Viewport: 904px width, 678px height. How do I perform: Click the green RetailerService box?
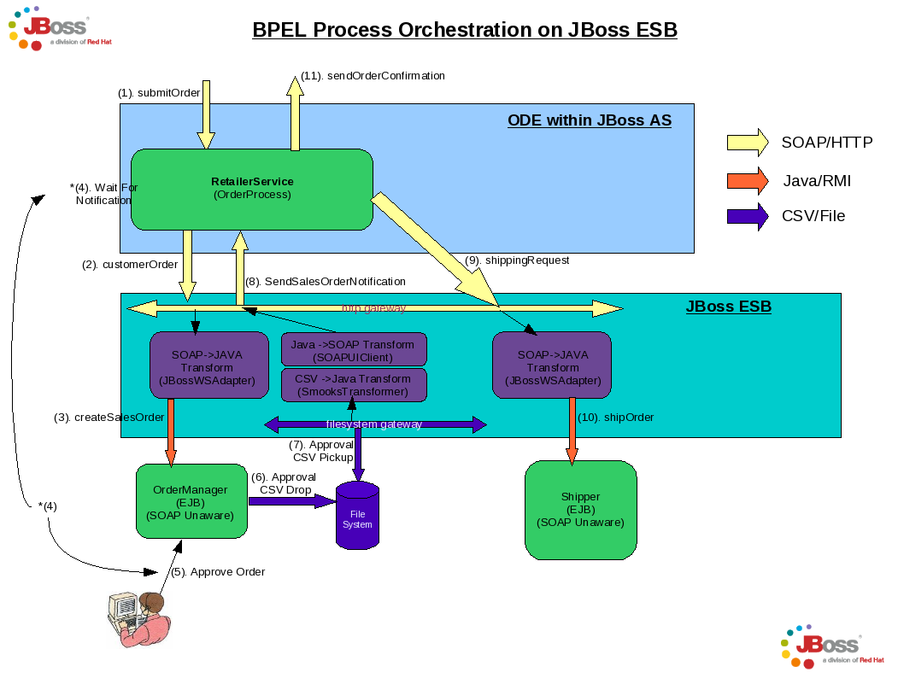click(251, 190)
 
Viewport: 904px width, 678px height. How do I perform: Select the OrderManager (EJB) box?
click(191, 502)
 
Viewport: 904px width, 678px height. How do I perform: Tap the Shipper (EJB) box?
click(580, 509)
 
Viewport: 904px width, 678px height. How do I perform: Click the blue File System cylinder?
click(357, 516)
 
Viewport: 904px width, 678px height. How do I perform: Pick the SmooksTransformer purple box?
click(354, 385)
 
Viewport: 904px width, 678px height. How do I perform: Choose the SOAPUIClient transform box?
click(354, 350)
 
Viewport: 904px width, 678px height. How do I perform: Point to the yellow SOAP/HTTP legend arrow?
click(748, 143)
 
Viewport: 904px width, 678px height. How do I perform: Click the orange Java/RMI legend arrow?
click(748, 180)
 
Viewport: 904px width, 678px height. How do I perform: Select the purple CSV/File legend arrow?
click(748, 215)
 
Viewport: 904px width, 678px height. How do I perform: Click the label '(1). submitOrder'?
click(159, 92)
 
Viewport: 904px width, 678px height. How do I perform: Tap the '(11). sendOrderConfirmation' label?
click(373, 75)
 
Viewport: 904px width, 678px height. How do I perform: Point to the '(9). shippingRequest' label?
click(517, 260)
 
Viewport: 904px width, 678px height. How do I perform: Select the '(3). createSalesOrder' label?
click(109, 418)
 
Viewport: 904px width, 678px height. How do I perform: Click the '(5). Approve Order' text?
click(219, 571)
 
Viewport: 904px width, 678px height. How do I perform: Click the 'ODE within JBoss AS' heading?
click(590, 120)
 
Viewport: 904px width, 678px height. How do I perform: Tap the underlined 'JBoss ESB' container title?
click(728, 307)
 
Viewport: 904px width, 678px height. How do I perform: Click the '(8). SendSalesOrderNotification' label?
click(326, 281)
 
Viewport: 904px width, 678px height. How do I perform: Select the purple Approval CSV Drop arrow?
click(291, 501)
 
